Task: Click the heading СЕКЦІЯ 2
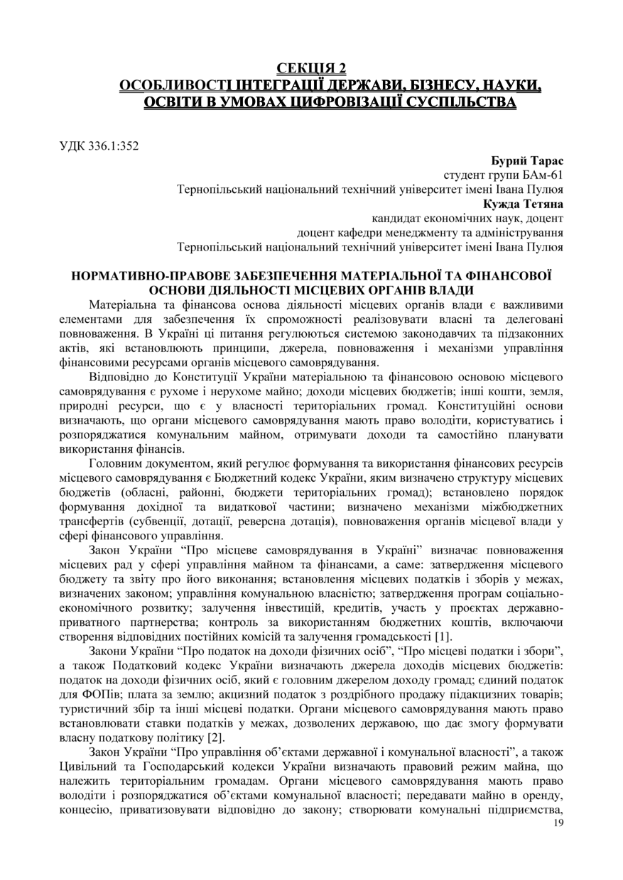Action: (x=311, y=69)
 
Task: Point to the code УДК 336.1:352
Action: (x=99, y=147)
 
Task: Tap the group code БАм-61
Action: (x=541, y=175)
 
